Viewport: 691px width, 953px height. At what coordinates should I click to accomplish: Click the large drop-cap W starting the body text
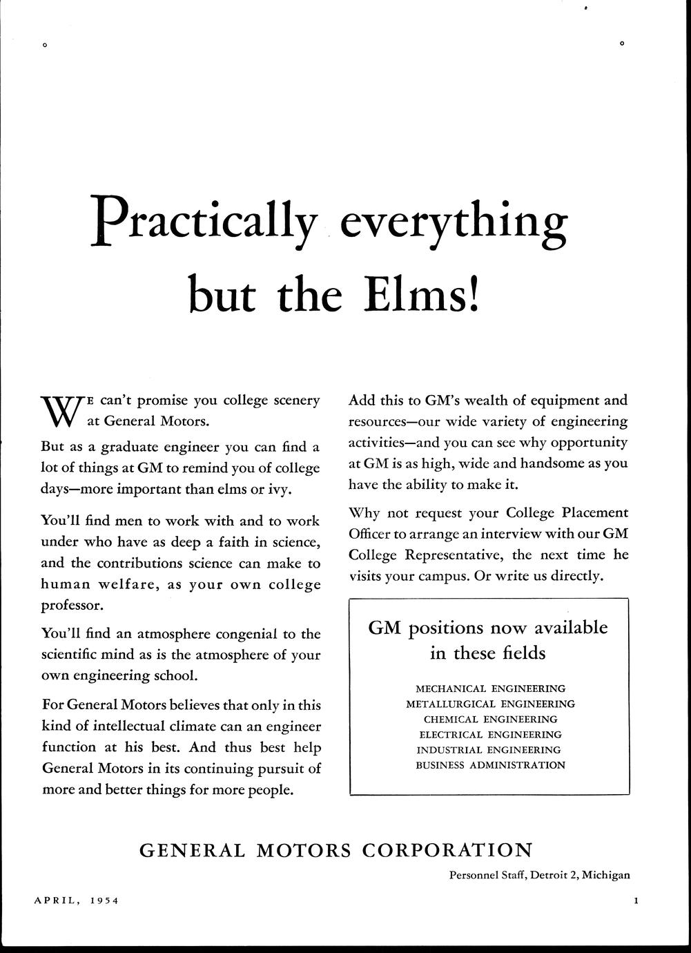[x=60, y=412]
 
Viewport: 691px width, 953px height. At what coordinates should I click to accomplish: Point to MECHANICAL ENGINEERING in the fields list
[x=490, y=689]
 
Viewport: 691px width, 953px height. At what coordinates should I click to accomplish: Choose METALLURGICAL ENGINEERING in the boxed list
[x=490, y=704]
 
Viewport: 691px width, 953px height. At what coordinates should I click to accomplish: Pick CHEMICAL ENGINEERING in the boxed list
[x=490, y=719]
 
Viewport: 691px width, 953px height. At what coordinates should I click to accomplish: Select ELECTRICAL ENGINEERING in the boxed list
[x=490, y=734]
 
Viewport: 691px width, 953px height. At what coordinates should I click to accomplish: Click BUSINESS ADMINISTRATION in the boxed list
[x=490, y=764]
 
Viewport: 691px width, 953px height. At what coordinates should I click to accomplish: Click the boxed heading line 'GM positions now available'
[x=488, y=628]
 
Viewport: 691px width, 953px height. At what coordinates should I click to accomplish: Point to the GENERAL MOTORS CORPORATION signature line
[x=336, y=850]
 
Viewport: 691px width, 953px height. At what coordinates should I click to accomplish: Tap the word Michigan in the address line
[x=605, y=875]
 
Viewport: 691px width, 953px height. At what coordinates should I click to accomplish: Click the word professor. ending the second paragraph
[x=73, y=606]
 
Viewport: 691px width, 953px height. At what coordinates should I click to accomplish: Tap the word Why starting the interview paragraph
[x=364, y=513]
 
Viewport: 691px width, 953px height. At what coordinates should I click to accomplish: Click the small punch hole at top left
[x=44, y=46]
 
